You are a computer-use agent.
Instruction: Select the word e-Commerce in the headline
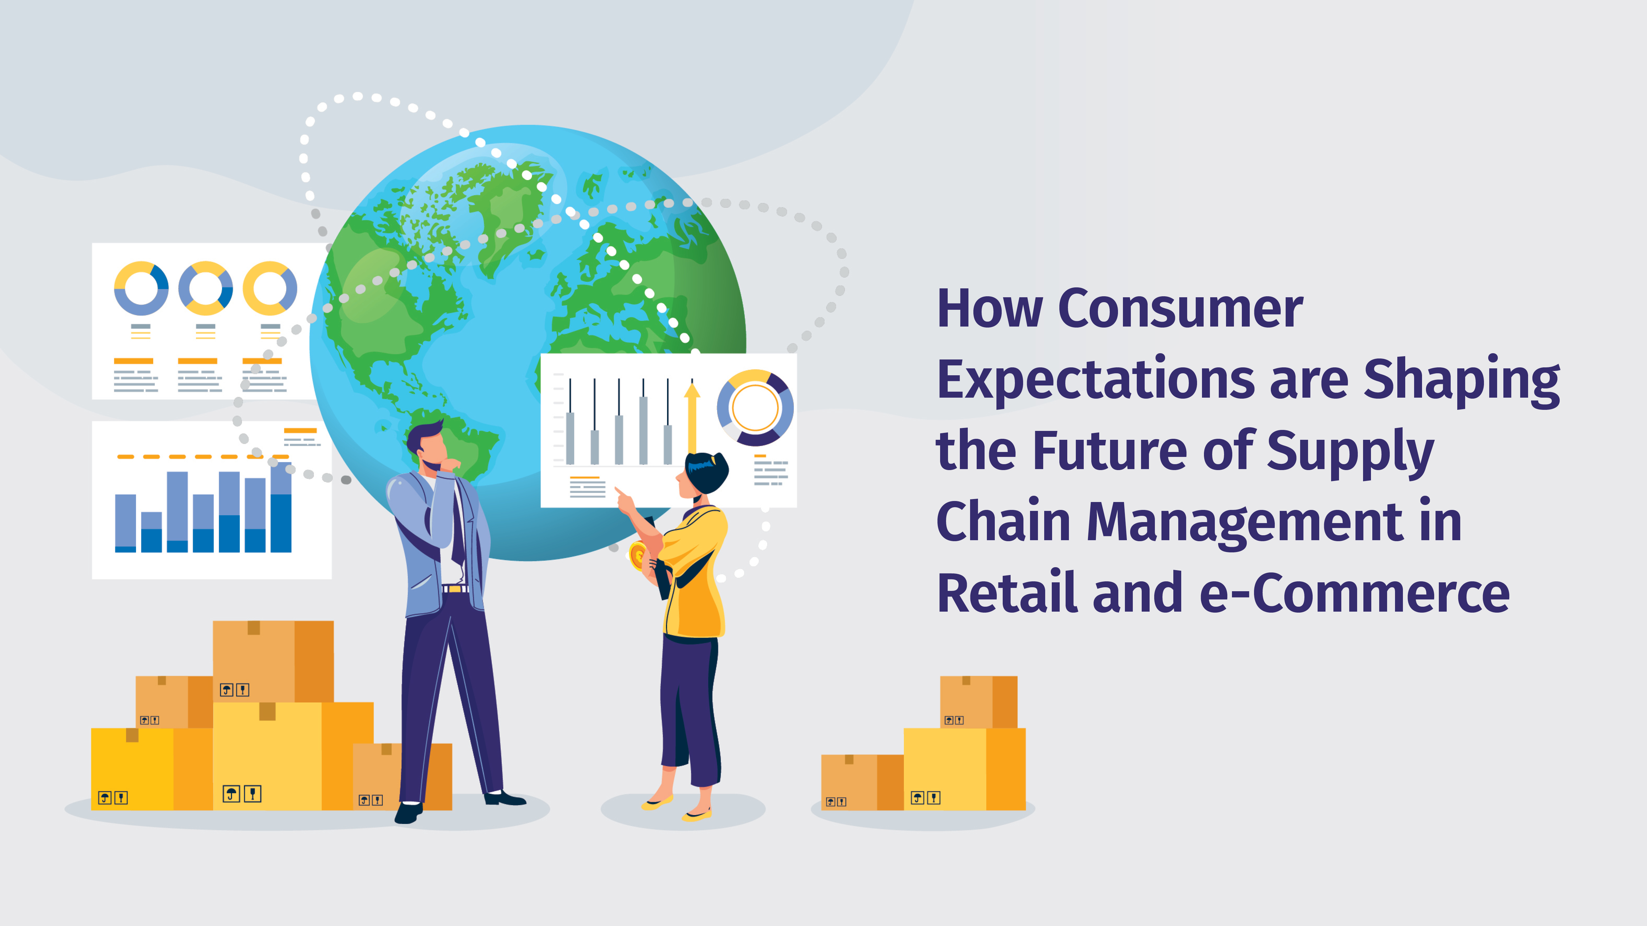(1354, 594)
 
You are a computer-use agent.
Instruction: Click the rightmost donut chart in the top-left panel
(270, 288)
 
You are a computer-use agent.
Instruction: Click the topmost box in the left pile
(273, 660)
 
